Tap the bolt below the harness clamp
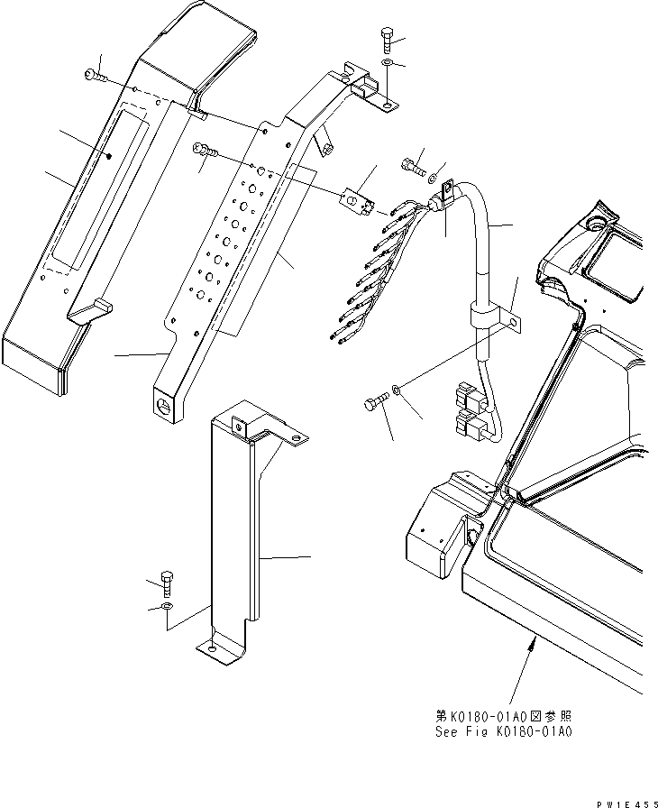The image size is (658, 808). coord(375,398)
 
